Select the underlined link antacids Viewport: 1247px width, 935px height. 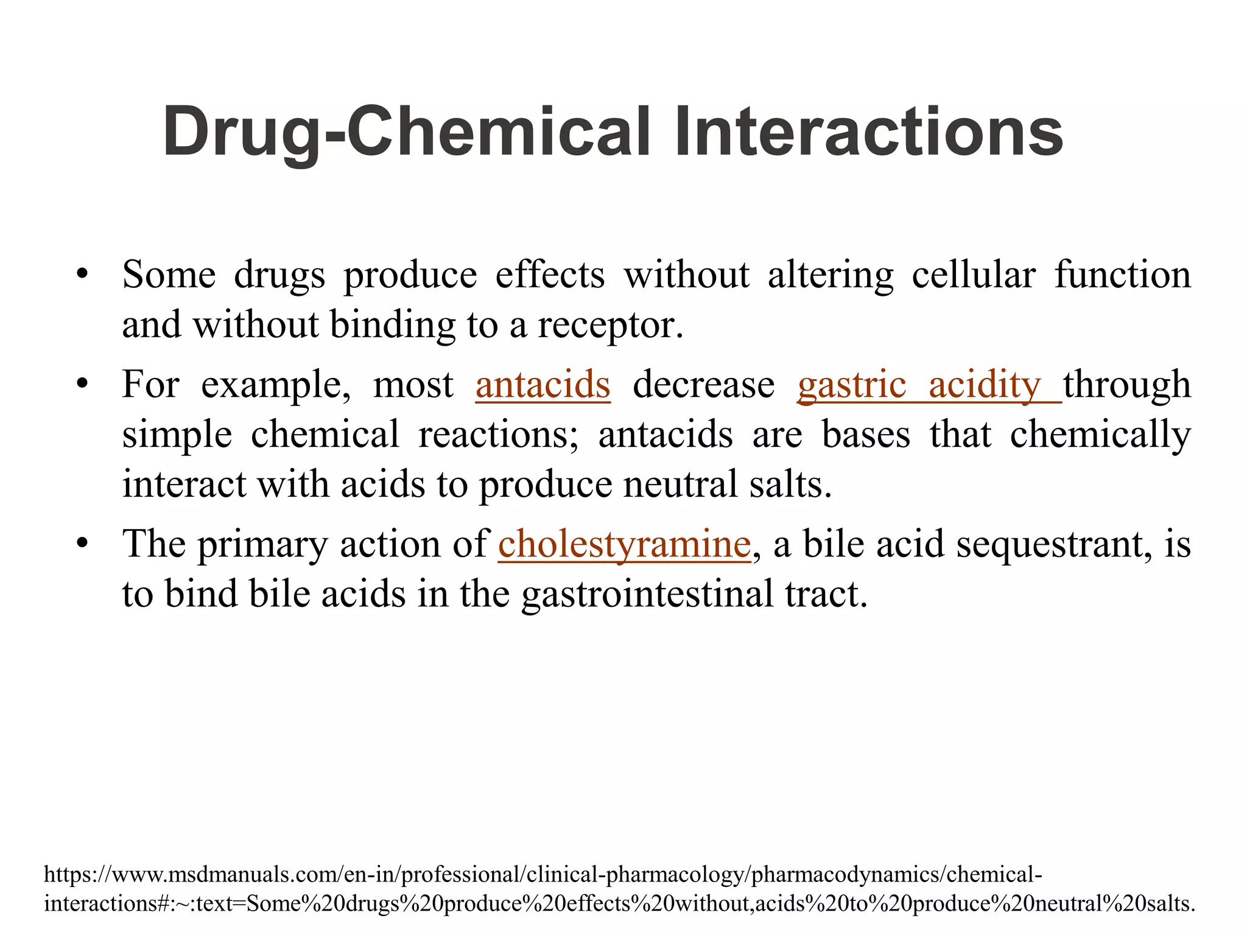click(x=543, y=385)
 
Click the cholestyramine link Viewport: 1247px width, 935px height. click(x=624, y=544)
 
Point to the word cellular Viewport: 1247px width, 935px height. click(x=973, y=275)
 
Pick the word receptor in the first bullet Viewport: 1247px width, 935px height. click(x=610, y=325)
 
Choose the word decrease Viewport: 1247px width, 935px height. click(x=703, y=385)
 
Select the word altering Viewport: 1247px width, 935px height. click(x=830, y=275)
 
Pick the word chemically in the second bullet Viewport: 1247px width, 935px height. click(x=1100, y=435)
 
